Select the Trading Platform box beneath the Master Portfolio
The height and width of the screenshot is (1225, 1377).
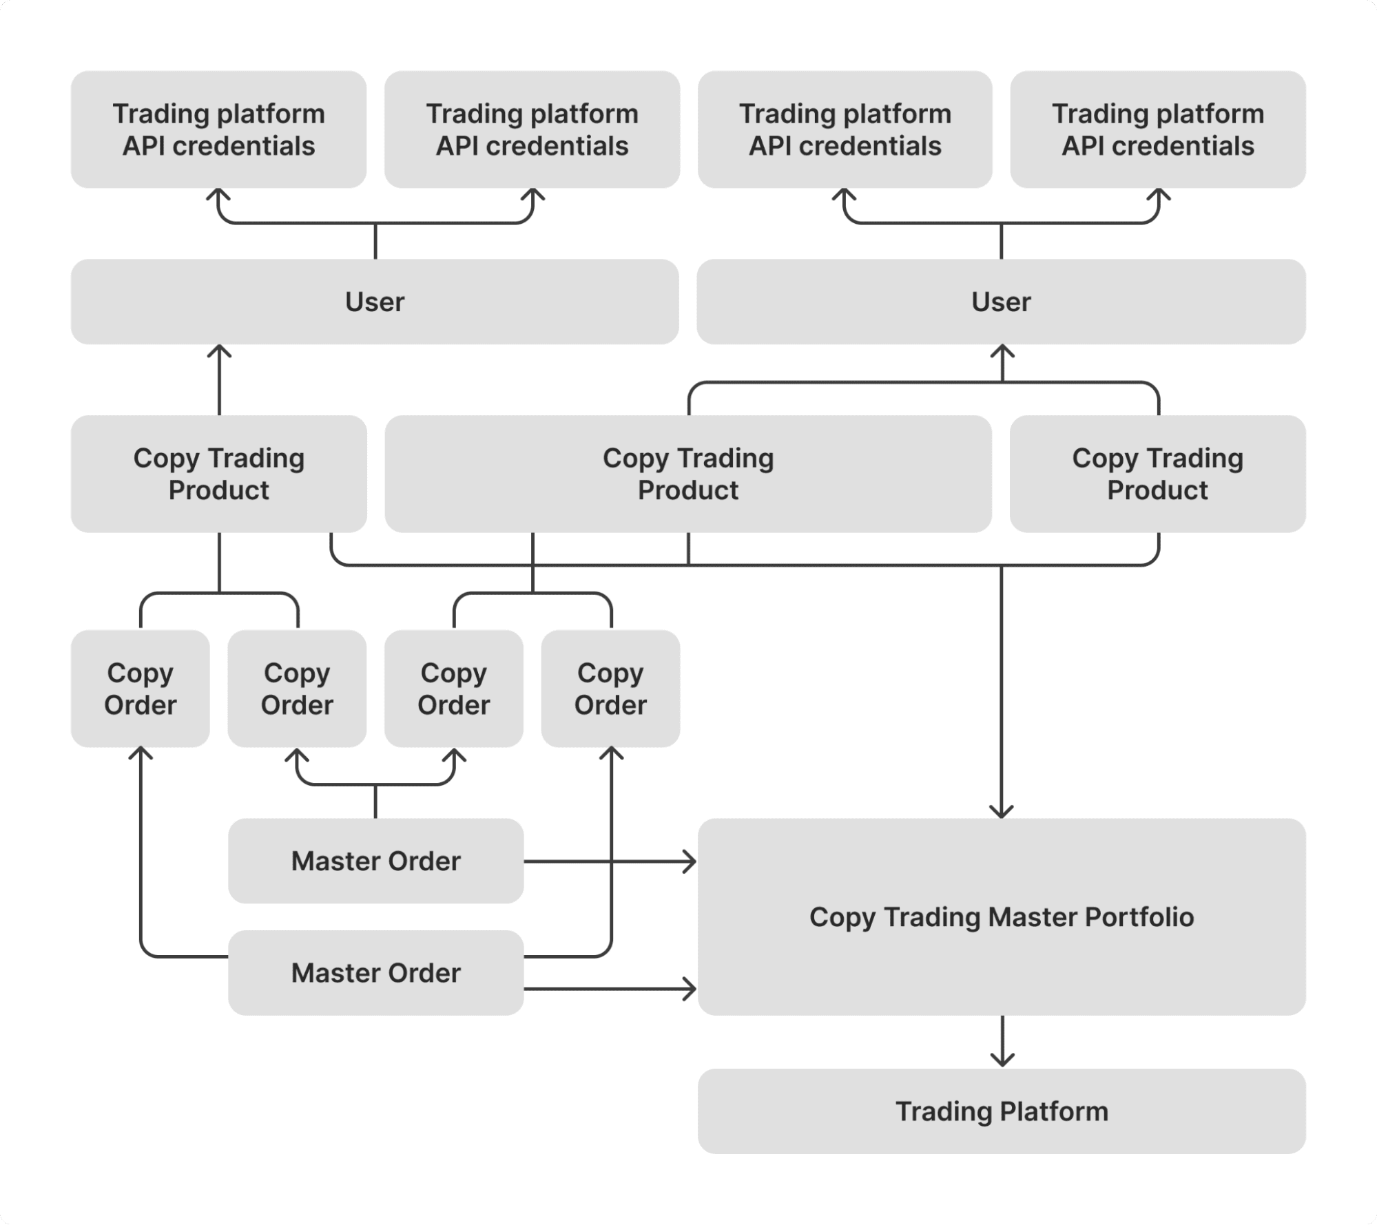(1001, 1111)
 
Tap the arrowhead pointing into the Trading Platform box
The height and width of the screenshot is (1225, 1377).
(1002, 1061)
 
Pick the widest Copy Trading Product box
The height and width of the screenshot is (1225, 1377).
(687, 474)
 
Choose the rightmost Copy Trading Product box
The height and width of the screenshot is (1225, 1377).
(1157, 474)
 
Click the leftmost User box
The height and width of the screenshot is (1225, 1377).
(375, 302)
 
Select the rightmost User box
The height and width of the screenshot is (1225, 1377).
(1001, 302)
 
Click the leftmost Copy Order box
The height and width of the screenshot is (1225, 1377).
(140, 689)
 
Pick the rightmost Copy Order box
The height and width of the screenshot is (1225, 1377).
(610, 689)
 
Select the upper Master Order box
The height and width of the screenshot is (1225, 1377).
(375, 861)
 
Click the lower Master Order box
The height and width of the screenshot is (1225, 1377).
(375, 972)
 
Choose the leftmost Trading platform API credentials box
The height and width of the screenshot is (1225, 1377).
(218, 129)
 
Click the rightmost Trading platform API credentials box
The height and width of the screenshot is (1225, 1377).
(1157, 129)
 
